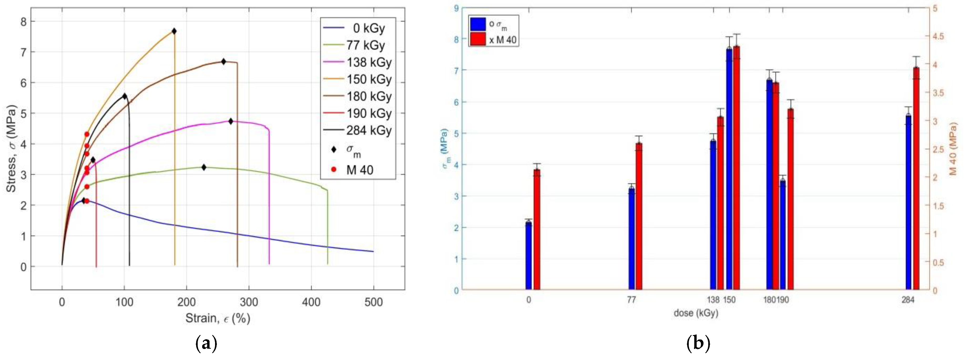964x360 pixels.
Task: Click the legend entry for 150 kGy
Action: [369, 79]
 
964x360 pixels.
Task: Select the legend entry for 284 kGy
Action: [369, 130]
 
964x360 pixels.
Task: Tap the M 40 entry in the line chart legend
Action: [359, 170]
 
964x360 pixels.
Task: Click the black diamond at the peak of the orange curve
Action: [174, 31]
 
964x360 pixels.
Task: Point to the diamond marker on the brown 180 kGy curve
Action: [223, 62]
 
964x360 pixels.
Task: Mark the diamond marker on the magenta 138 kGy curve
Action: [231, 121]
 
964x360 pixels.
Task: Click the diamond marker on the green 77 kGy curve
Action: [204, 167]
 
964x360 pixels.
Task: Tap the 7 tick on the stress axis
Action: [24, 52]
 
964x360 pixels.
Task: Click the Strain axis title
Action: [218, 318]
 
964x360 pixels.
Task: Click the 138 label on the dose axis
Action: [713, 300]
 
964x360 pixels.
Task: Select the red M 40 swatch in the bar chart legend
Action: [477, 39]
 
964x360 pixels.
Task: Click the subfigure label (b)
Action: [698, 343]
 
